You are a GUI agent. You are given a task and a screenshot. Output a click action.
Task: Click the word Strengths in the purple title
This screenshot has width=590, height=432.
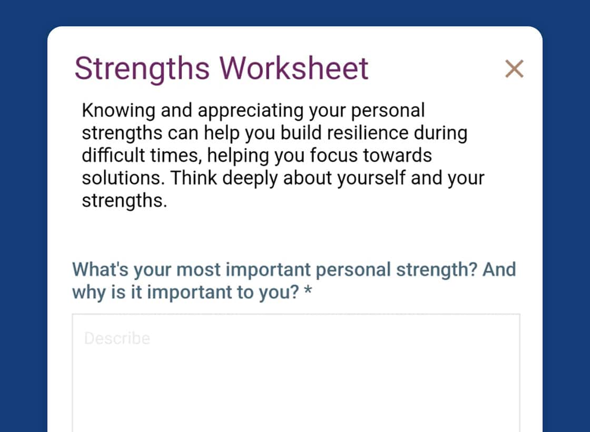(142, 69)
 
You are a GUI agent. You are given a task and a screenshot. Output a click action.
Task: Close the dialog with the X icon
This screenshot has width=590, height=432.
(514, 68)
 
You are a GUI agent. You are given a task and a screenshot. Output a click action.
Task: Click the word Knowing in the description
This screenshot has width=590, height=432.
(119, 111)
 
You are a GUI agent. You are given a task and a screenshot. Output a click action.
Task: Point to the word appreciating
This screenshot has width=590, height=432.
(251, 111)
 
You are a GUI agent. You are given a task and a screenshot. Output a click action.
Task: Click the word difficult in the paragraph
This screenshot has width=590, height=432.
(113, 155)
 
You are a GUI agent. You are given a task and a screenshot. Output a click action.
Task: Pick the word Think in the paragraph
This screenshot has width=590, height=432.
(194, 178)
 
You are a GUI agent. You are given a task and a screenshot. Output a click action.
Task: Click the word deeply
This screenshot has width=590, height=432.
(250, 179)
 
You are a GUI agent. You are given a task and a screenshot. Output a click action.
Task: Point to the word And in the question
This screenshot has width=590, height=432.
(499, 269)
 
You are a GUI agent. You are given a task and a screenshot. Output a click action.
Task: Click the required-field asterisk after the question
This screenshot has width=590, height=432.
(308, 290)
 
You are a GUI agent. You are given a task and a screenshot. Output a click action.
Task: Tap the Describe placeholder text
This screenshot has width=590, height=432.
(117, 338)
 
